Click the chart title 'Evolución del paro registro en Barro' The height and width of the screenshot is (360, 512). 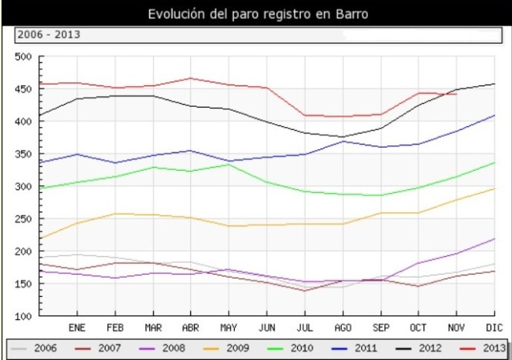(x=256, y=14)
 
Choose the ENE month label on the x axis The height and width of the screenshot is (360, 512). (x=77, y=327)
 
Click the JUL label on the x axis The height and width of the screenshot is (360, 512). (x=303, y=327)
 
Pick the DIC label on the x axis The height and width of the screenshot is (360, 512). (x=493, y=327)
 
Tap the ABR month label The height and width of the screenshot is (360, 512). (x=189, y=327)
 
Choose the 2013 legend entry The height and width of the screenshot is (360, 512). (x=485, y=348)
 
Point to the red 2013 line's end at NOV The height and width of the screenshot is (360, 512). (x=456, y=94)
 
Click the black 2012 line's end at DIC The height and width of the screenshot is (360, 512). (x=494, y=84)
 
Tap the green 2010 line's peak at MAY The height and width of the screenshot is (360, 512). (x=228, y=164)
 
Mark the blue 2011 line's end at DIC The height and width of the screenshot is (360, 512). (x=494, y=115)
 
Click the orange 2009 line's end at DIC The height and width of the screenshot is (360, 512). (x=494, y=188)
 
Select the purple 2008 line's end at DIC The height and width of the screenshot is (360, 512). (x=494, y=238)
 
